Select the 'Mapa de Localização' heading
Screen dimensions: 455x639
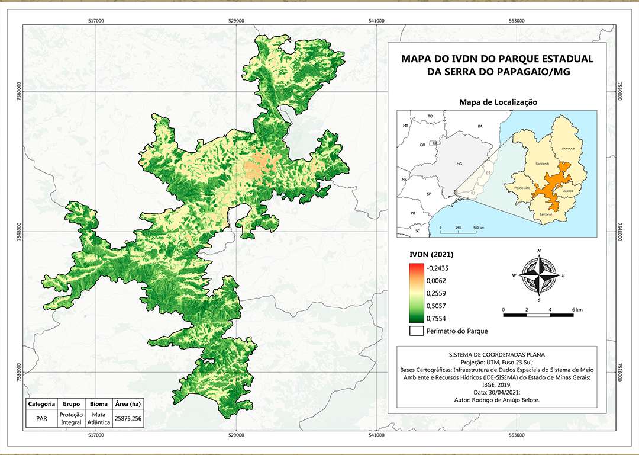[498, 102]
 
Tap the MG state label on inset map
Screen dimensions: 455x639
[459, 163]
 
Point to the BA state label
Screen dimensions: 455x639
[480, 126]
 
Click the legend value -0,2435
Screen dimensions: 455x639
[437, 267]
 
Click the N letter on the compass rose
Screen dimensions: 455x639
[539, 251]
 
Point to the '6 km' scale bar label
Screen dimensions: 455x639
[577, 309]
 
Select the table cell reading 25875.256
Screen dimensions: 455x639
[129, 418]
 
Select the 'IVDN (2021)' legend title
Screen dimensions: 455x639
[431, 255]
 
